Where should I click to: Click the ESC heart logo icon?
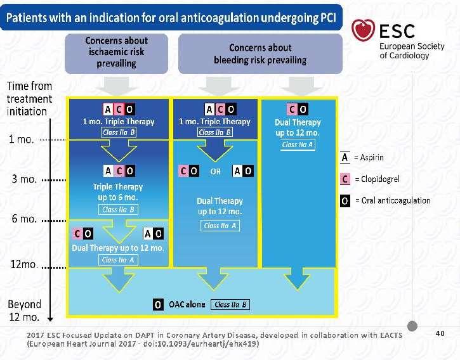(363, 30)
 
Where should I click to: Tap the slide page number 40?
(440, 333)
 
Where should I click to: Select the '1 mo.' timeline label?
(22, 139)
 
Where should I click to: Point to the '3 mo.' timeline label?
(24, 179)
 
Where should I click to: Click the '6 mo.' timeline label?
(24, 219)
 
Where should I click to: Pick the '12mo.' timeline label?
(24, 264)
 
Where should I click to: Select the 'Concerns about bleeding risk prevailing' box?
(260, 54)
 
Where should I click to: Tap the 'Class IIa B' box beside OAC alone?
(230, 305)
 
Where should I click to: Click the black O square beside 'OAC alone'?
(158, 305)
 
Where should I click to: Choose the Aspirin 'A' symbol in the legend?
(345, 157)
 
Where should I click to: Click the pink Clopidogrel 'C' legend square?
(345, 179)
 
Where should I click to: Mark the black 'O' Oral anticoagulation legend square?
(345, 201)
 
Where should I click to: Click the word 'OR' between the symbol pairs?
(215, 172)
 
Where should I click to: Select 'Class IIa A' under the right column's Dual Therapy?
(298, 145)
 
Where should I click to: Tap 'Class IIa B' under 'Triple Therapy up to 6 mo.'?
(118, 210)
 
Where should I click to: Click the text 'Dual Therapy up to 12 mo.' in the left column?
(118, 248)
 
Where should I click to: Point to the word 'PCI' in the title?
(328, 18)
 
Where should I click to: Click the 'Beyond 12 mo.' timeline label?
(24, 311)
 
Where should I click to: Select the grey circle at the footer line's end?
(412, 326)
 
